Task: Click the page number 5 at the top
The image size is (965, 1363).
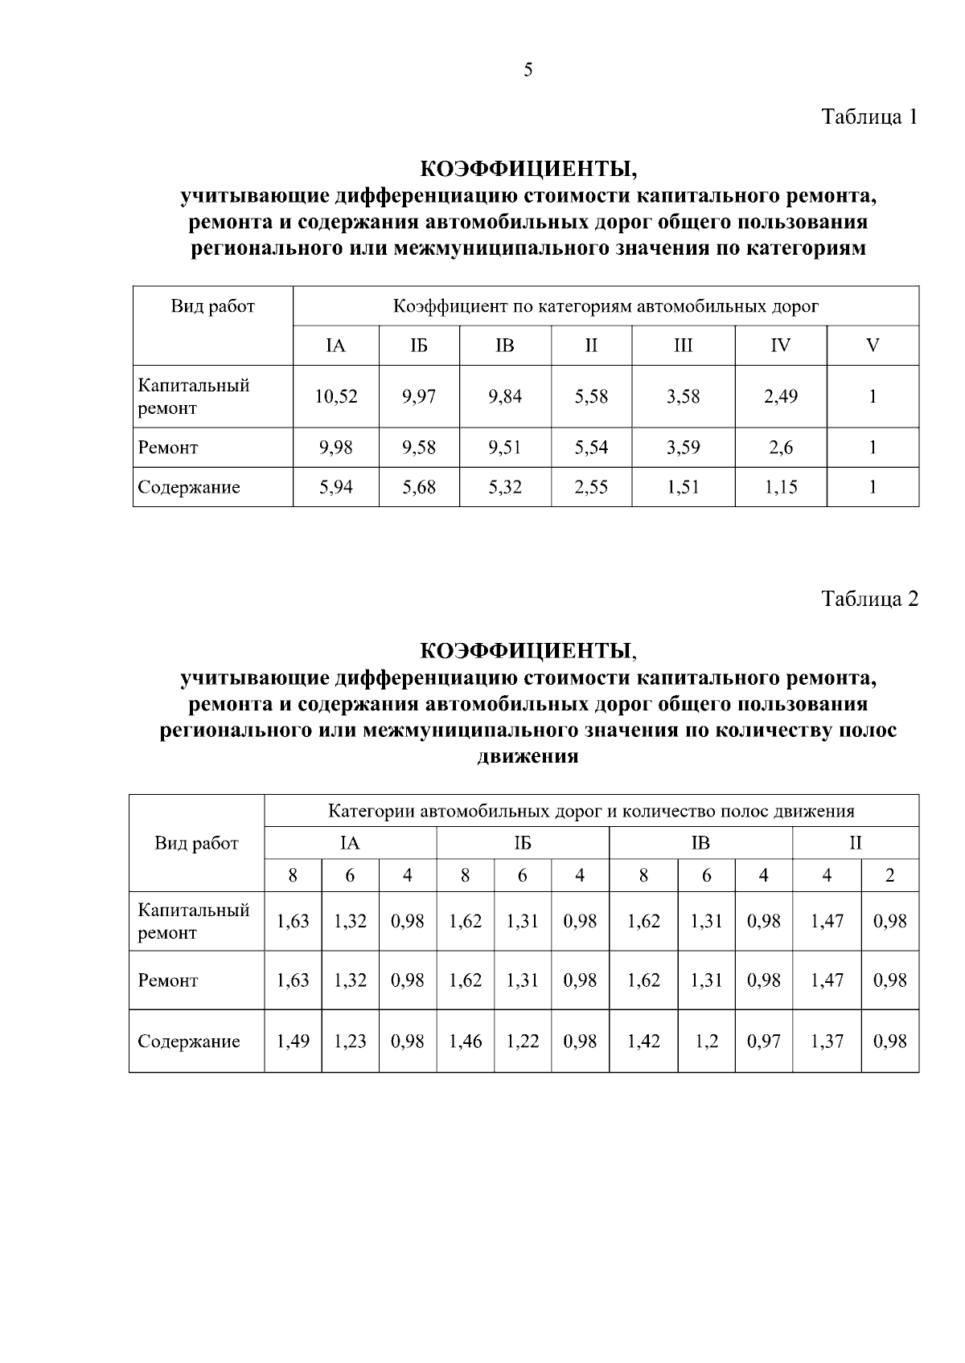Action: coord(528,70)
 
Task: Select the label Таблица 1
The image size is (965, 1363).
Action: coord(868,117)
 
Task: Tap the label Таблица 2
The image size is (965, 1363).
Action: coord(868,599)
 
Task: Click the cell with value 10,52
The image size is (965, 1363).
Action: coord(336,396)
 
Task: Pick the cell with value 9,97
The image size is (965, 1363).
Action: coord(419,396)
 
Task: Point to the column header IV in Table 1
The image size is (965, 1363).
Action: coord(780,346)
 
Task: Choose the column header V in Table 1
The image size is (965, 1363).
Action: coord(873,346)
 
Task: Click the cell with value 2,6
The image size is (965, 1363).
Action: coord(780,448)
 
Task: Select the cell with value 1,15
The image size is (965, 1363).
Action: coord(780,487)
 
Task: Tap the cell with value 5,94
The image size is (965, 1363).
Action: coord(336,487)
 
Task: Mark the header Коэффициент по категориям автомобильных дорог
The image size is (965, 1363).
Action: coord(606,306)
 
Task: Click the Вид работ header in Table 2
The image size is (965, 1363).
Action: coord(197,843)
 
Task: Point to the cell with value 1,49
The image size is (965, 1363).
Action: coord(293,1042)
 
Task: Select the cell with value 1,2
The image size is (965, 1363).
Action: coord(706,1042)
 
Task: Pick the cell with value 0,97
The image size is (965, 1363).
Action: coord(763,1042)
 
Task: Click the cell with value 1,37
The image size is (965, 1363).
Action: coord(827,1042)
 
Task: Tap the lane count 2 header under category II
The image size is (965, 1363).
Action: coord(889,876)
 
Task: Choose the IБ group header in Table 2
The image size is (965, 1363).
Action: coord(523,843)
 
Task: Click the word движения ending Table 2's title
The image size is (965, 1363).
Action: coord(528,757)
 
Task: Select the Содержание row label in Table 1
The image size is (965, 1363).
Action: coord(189,487)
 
